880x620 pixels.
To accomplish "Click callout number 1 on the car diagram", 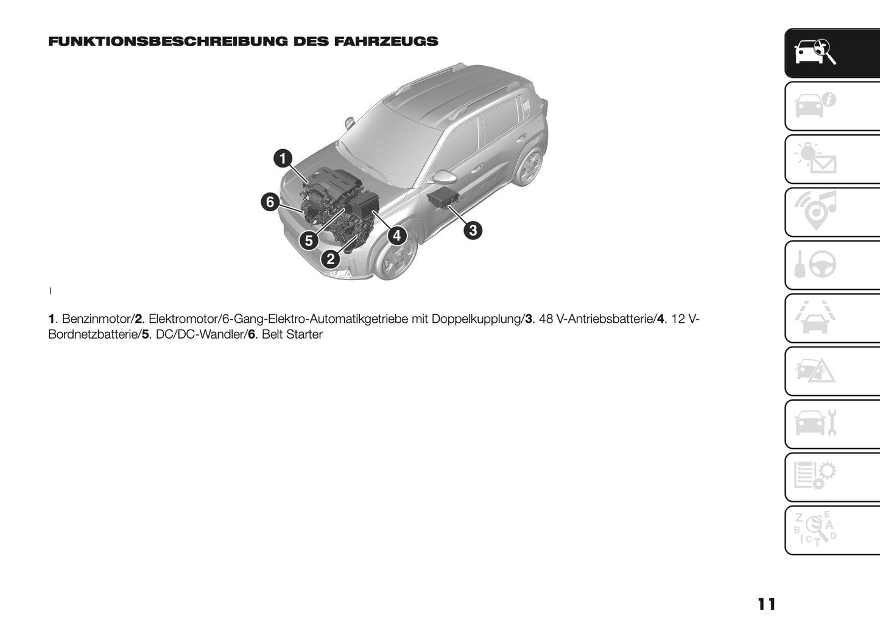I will (282, 159).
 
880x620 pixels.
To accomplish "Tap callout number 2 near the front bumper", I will (330, 259).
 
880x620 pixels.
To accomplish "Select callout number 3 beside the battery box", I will (473, 230).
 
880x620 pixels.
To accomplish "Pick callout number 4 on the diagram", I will (396, 235).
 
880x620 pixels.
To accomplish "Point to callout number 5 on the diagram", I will (309, 241).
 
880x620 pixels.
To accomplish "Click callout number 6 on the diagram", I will (270, 202).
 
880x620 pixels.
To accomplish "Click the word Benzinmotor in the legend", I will (96, 319).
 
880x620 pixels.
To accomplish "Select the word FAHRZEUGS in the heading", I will (386, 41).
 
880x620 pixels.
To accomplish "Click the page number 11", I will (767, 604).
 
